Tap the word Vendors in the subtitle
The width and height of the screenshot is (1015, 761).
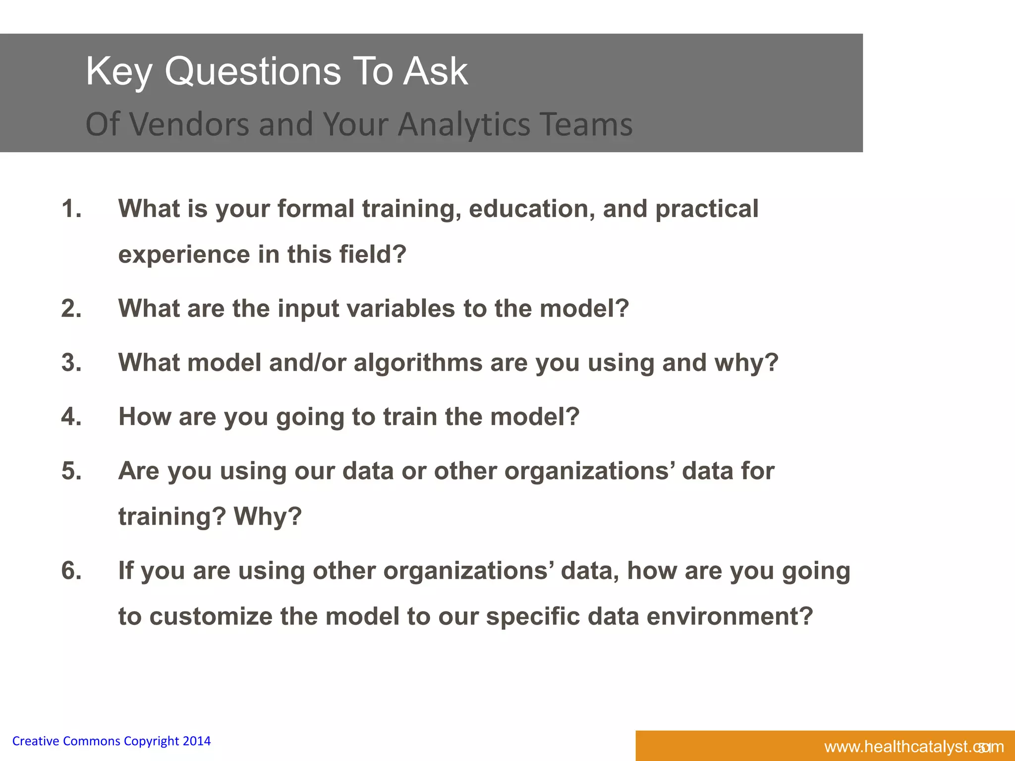189,124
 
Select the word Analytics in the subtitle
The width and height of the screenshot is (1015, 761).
464,124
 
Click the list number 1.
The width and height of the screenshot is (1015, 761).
71,209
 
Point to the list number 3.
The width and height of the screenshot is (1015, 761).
71,363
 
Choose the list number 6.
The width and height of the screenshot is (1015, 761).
71,571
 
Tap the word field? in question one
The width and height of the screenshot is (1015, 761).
373,255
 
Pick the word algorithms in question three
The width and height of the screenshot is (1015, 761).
418,363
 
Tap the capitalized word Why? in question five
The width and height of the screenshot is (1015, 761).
268,517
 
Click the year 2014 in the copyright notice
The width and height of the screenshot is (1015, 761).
197,741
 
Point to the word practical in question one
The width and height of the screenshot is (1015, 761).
707,209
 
